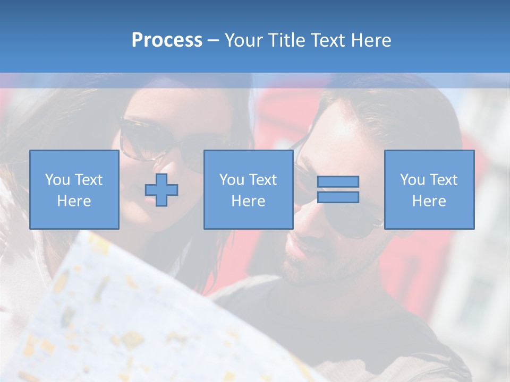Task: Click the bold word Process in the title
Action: point(167,40)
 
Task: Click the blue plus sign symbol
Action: point(161,190)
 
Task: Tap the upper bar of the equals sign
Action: point(338,181)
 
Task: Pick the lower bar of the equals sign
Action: point(338,197)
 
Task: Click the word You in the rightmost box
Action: point(412,180)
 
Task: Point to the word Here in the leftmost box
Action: point(74,201)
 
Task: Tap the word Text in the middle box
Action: point(263,180)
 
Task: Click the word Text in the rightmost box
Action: point(444,180)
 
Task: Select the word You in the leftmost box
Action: point(57,180)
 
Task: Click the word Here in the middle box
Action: point(249,201)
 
